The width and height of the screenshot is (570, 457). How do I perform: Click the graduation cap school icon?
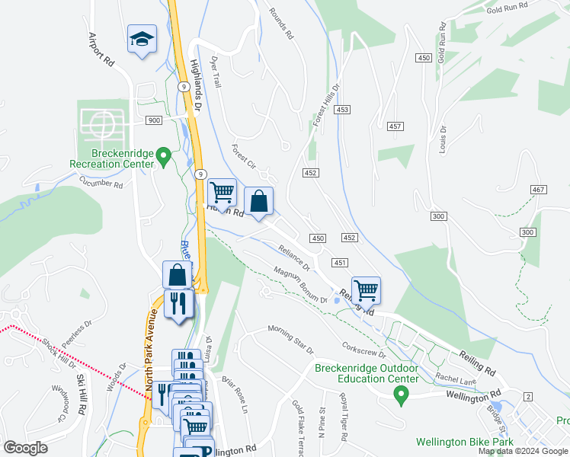[142, 40]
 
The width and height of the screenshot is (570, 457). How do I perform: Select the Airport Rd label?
[101, 50]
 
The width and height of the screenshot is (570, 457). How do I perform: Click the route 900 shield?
[153, 120]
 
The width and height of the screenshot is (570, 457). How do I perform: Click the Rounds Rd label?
[280, 22]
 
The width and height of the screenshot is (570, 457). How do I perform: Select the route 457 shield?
[395, 126]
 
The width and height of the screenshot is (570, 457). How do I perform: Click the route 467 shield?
[540, 189]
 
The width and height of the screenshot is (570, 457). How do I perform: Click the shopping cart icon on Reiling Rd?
[367, 289]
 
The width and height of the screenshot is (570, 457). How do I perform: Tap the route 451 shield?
[340, 263]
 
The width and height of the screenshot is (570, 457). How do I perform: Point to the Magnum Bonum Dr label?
[301, 285]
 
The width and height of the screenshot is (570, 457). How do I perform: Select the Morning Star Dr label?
[290, 339]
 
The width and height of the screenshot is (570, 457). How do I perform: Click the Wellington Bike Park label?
[464, 442]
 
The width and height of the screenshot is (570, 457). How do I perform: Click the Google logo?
[26, 447]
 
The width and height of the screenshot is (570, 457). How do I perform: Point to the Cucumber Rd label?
[101, 183]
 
